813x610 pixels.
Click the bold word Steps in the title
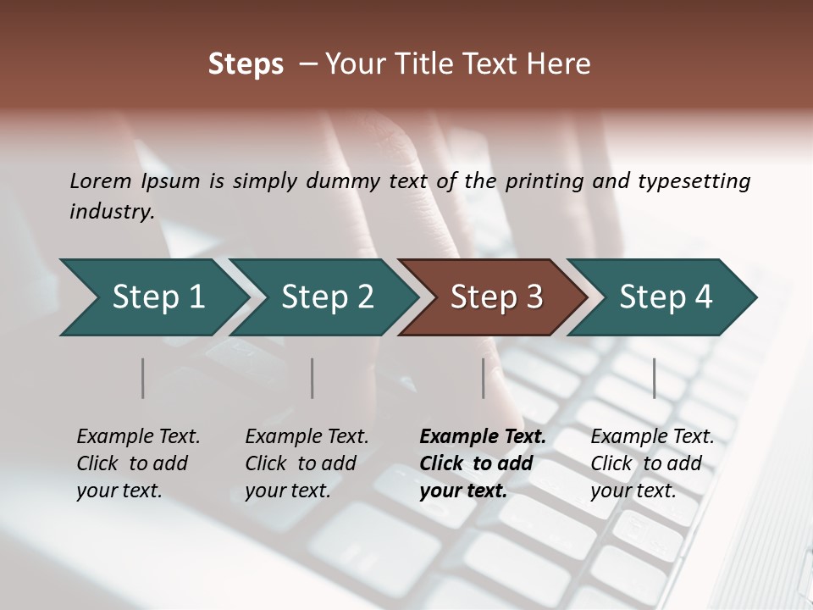click(x=246, y=64)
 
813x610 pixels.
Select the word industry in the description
click(x=111, y=211)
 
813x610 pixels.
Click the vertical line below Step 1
click(x=143, y=378)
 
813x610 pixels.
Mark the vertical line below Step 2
click(x=312, y=378)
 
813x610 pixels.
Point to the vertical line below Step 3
click(x=484, y=378)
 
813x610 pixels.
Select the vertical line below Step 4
click(x=655, y=378)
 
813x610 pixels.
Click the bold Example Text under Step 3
click(x=483, y=437)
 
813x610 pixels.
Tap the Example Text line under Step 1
click(x=138, y=437)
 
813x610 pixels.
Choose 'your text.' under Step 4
click(x=633, y=491)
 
